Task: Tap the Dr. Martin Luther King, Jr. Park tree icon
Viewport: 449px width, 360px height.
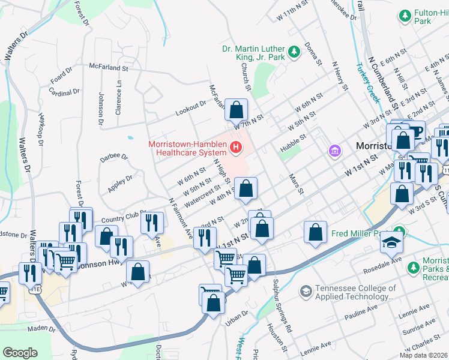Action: tap(294, 53)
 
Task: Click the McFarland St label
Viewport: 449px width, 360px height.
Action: tap(109, 68)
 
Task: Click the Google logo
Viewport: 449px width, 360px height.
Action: tap(20, 352)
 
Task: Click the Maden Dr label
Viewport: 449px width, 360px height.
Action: tap(42, 329)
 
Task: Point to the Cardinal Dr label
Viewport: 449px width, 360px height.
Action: tap(65, 93)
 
